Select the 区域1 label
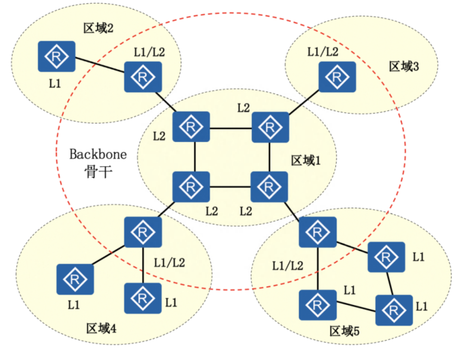click(306, 161)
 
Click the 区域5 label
click(345, 331)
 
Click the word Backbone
click(98, 154)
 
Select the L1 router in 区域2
click(57, 56)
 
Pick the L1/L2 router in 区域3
click(337, 76)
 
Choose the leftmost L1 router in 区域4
click(75, 279)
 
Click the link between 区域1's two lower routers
click(230, 187)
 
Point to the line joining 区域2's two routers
click(100, 66)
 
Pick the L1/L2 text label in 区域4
click(170, 262)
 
